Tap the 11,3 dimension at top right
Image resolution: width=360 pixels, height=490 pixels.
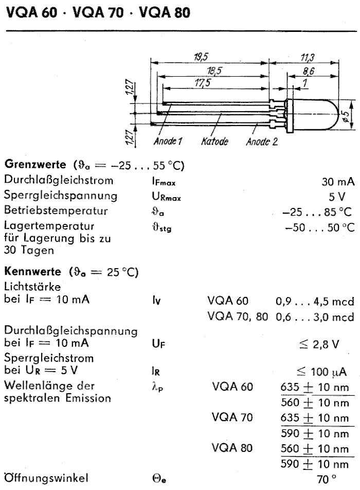tap(308, 57)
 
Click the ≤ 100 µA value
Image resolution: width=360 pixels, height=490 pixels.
tap(322, 372)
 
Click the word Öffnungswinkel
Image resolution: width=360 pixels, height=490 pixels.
tap(38, 478)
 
